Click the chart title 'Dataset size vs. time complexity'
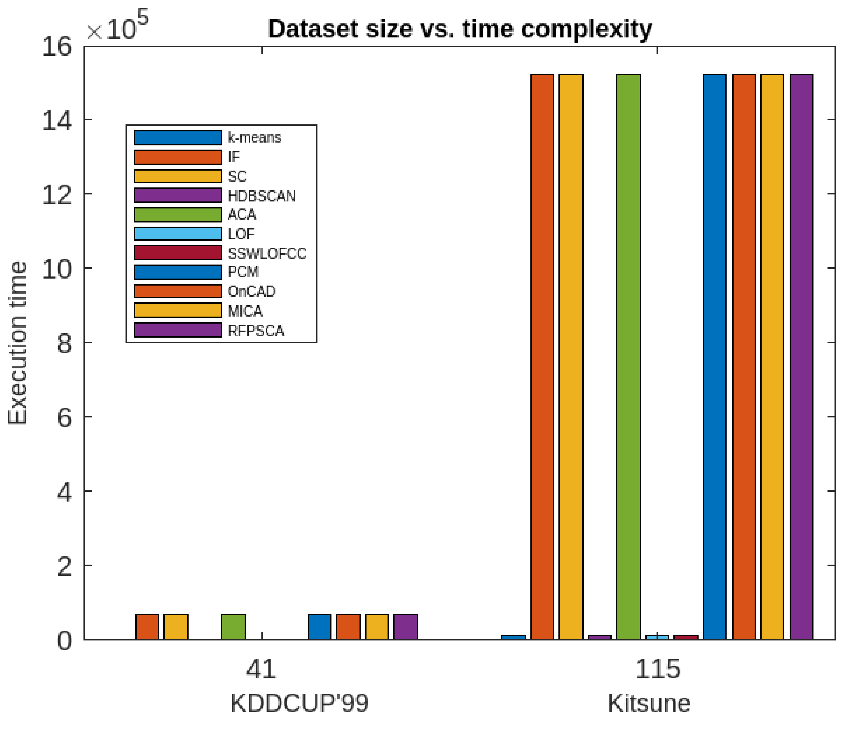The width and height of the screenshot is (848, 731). (460, 29)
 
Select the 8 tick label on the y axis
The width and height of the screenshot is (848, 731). (64, 343)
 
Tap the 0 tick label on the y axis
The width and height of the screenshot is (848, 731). (64, 641)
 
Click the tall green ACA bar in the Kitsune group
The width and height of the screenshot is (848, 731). (628, 356)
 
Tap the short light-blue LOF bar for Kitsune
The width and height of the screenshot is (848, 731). (657, 637)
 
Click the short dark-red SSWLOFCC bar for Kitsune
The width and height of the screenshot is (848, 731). (686, 637)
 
